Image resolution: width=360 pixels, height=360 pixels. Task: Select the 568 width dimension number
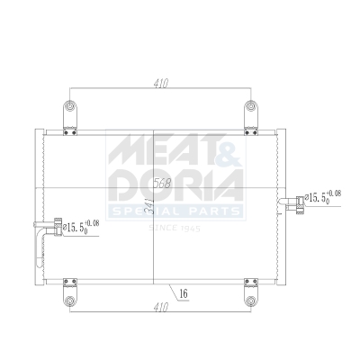click(163, 183)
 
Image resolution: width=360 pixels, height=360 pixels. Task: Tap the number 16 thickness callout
click(182, 292)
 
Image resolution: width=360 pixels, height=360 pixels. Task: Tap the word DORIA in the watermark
click(176, 184)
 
